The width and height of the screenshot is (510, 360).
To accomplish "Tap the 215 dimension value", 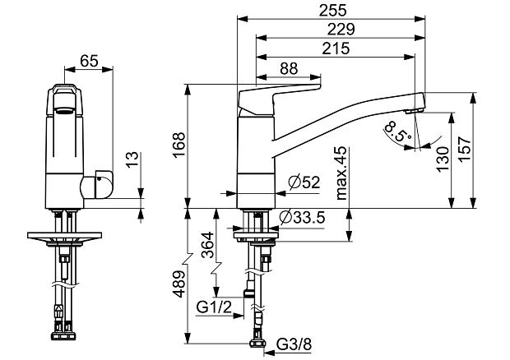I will pos(335,48).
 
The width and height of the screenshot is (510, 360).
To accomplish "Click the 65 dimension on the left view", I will pos(90,60).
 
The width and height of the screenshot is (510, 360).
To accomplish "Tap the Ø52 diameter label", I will pos(303,183).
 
